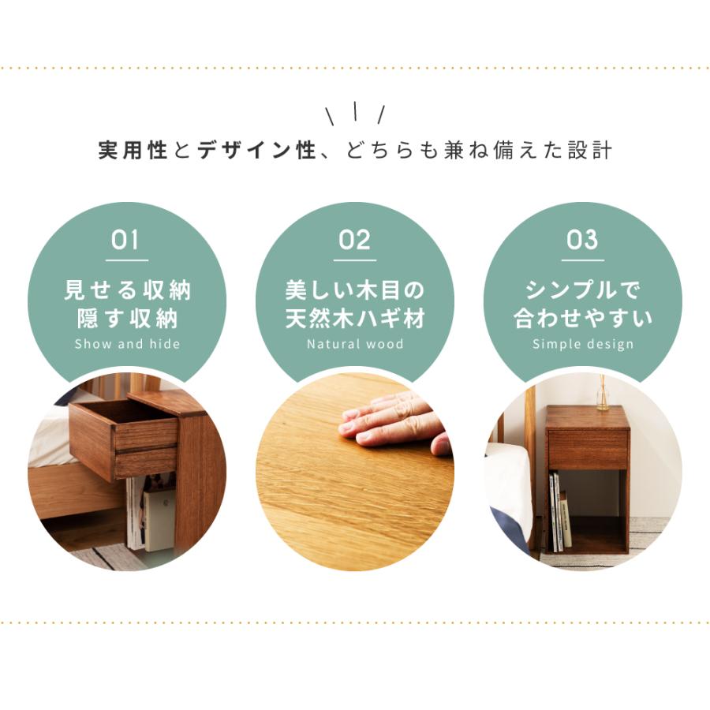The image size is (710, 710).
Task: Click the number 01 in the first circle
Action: [x=126, y=240]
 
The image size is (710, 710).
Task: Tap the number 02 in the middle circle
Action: [x=354, y=240]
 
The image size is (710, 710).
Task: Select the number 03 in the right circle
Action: [x=582, y=240]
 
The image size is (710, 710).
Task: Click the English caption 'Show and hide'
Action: [x=127, y=344]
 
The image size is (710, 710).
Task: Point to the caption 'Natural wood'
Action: [x=355, y=344]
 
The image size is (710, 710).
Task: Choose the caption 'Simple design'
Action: [x=583, y=344]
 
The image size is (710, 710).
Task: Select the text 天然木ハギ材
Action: [x=355, y=318]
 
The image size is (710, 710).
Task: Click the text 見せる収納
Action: [x=127, y=290]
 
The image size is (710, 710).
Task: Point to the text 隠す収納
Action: [x=127, y=318]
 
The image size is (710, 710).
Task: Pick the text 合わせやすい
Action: [x=583, y=318]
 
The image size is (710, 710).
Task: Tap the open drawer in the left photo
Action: [x=123, y=439]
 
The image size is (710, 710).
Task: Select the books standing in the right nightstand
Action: [x=560, y=513]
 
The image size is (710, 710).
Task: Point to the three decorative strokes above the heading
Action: [x=355, y=114]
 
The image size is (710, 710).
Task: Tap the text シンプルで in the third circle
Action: [x=583, y=290]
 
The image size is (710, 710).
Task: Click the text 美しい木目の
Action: [x=355, y=290]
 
